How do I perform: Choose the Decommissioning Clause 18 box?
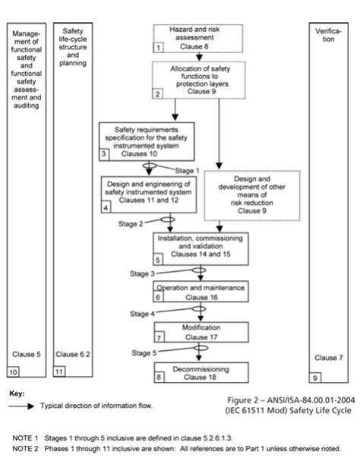[201, 371]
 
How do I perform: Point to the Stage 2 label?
[130, 224]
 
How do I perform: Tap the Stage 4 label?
[141, 313]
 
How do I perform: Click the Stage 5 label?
[144, 352]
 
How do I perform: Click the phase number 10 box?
[13, 371]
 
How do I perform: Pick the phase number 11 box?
[58, 371]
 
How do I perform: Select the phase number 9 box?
[315, 377]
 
